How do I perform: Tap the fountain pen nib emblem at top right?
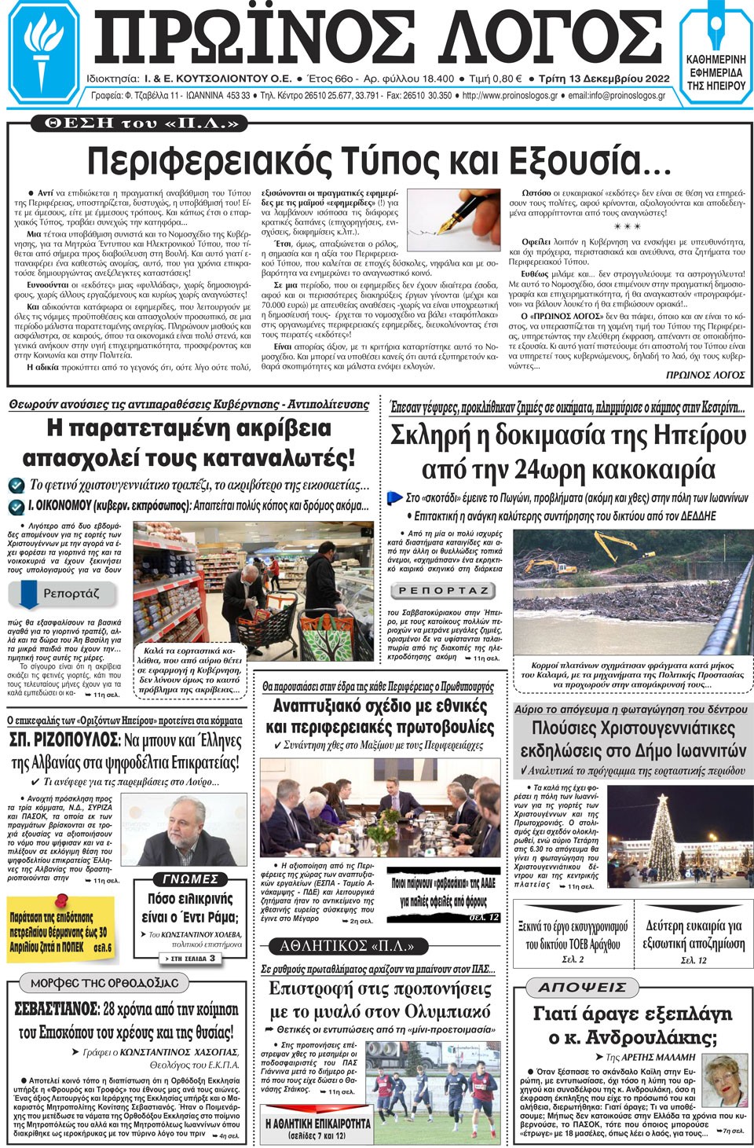click(x=716, y=31)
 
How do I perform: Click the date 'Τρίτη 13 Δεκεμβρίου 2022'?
click(x=603, y=79)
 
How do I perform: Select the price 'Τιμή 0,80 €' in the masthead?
click(x=495, y=79)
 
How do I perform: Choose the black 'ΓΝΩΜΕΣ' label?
click(x=188, y=879)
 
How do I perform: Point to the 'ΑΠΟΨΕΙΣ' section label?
click(x=583, y=987)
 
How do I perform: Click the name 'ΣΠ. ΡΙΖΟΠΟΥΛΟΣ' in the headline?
click(x=64, y=741)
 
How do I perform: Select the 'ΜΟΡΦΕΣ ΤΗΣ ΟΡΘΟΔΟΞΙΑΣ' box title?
click(x=104, y=983)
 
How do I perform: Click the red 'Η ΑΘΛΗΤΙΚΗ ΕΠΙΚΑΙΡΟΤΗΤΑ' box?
click(x=317, y=1128)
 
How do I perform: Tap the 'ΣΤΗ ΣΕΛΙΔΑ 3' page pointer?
click(x=191, y=959)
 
